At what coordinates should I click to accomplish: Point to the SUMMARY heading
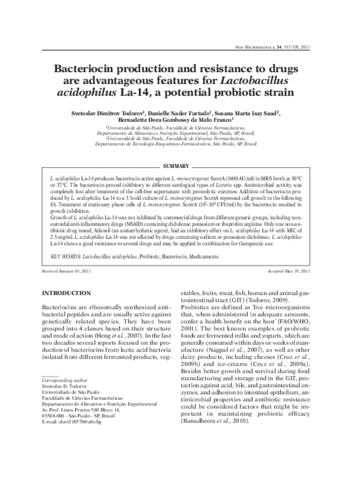176,149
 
